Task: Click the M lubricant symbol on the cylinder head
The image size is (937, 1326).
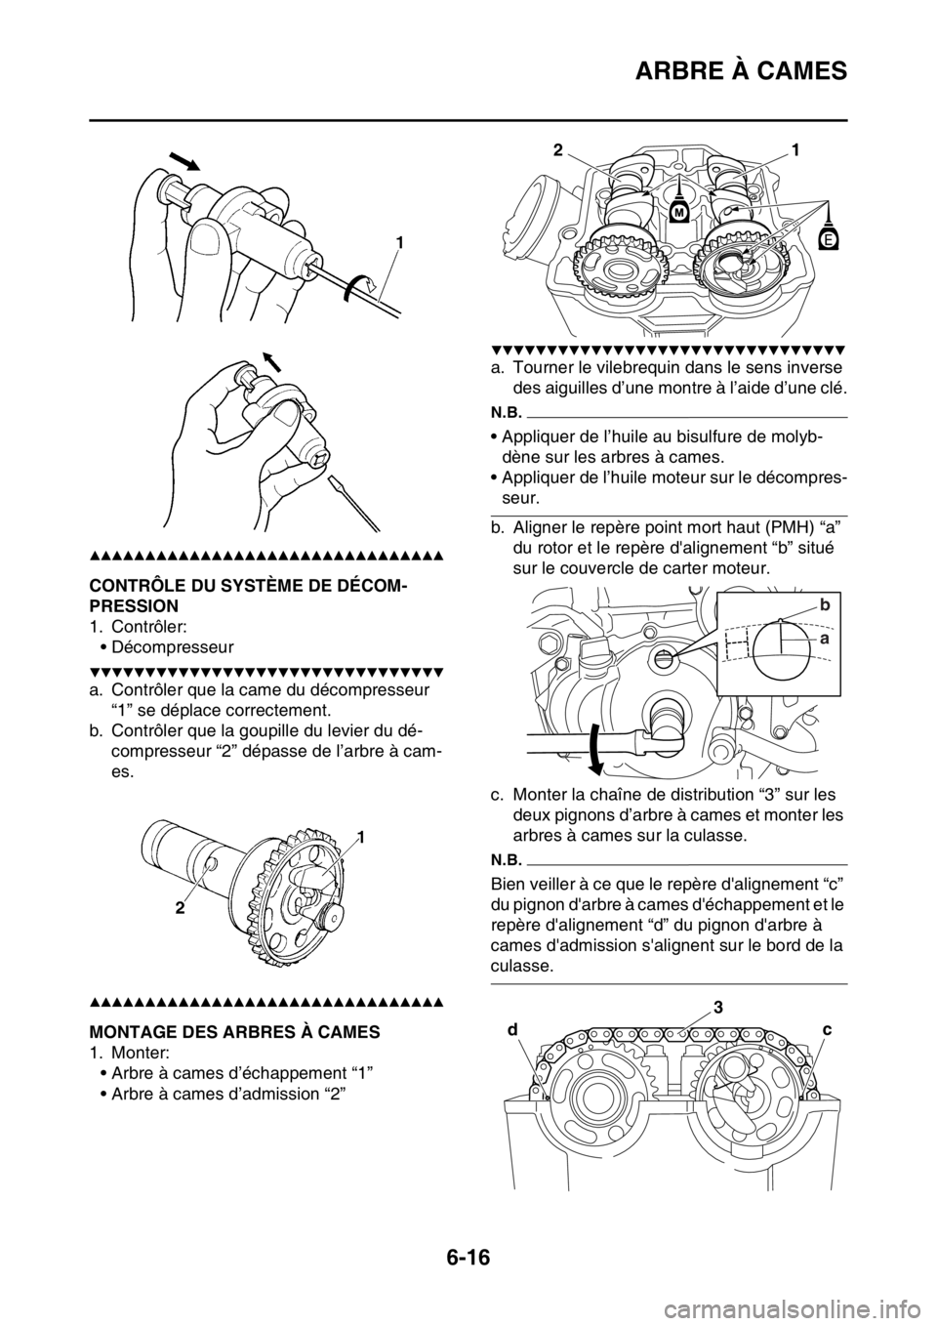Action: [x=676, y=211]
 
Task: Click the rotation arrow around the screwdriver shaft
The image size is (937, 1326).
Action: [x=358, y=284]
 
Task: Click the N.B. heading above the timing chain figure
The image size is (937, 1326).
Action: [x=506, y=861]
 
